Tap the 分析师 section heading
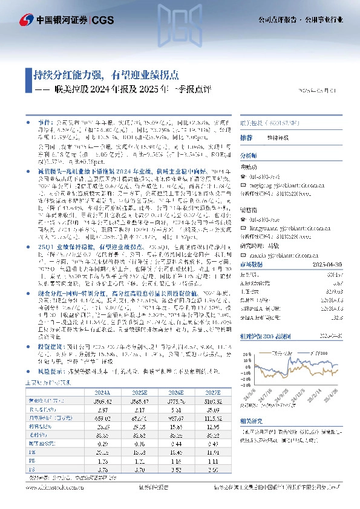coord(249,155)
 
